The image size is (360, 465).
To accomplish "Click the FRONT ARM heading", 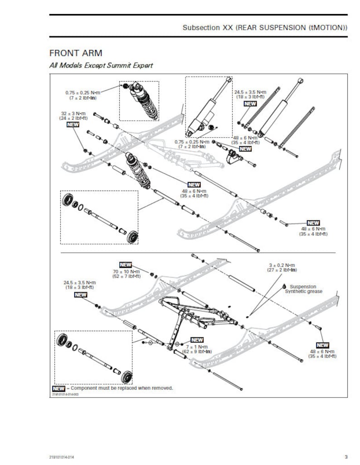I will point(76,54).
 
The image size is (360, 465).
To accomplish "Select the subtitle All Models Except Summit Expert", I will point(101,65).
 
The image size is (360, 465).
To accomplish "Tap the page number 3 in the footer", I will point(346,456).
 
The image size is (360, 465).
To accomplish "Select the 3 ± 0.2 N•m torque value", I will point(282,265).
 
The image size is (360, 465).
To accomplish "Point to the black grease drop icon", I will point(284,286).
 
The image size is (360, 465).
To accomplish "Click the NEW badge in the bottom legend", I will point(58,389).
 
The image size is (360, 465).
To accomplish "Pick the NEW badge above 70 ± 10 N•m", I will point(126,264).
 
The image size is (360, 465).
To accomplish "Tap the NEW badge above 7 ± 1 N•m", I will point(197,340).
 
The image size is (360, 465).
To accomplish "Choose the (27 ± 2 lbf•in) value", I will point(282,270).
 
